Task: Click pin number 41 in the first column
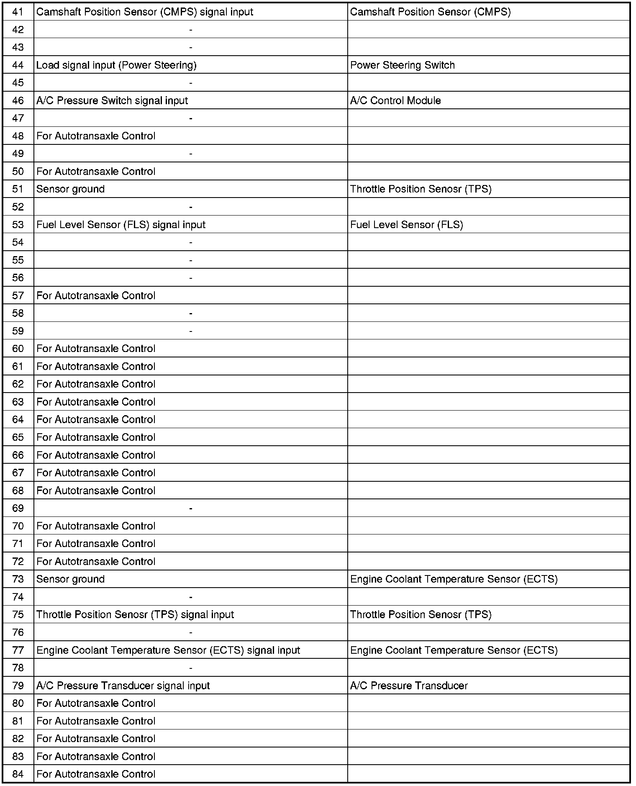coord(18,12)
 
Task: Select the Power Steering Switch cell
coord(402,65)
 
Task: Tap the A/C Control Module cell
coord(395,100)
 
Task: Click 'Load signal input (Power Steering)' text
coord(116,65)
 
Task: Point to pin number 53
coord(18,225)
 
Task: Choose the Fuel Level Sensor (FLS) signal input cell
coord(121,225)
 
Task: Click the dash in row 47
coord(191,118)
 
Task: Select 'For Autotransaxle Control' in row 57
coord(96,295)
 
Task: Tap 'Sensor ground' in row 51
coord(70,189)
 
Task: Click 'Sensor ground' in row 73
coord(70,579)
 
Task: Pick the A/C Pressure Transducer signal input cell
coord(123,686)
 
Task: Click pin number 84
coord(18,774)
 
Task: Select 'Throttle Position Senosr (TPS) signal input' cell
coord(135,614)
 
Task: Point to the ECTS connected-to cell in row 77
coord(454,650)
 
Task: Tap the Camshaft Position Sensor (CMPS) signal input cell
coord(145,12)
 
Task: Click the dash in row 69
coord(191,509)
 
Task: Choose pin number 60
coord(18,349)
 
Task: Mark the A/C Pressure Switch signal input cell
coord(112,100)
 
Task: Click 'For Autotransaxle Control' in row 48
coord(96,136)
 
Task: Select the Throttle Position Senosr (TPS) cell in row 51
coord(421,189)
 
